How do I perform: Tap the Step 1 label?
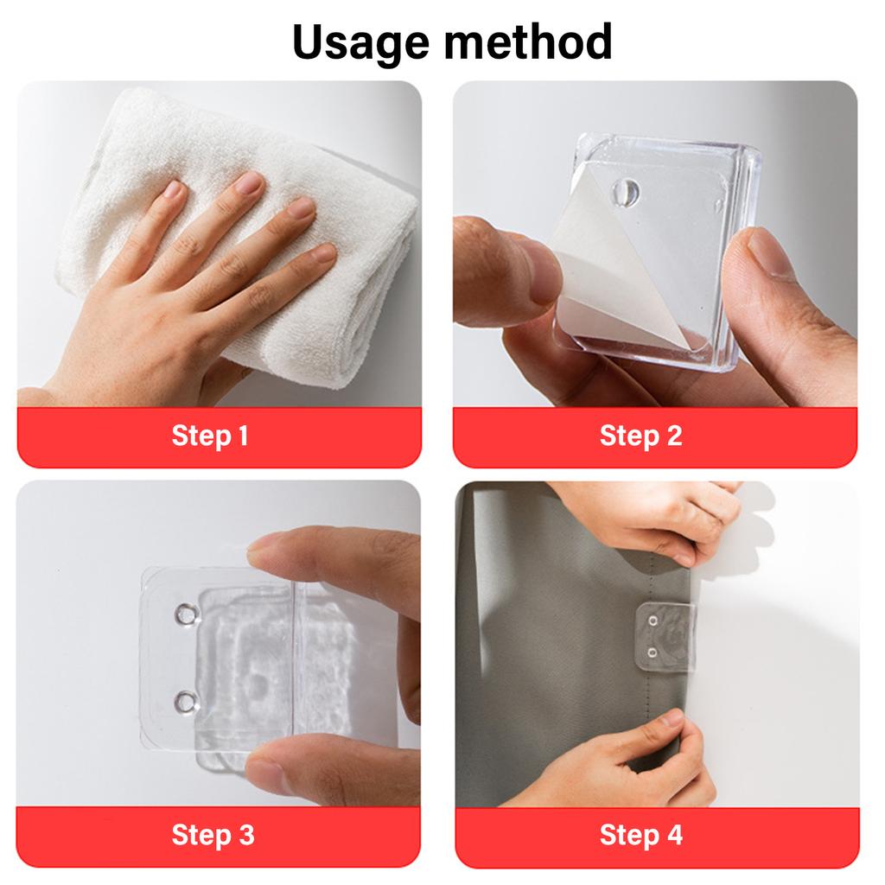[x=210, y=436]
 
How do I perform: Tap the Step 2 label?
[x=640, y=436]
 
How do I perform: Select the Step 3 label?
[x=213, y=835]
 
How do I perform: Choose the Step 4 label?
[x=641, y=835]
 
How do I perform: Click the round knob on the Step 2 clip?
[x=626, y=192]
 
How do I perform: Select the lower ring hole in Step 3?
[x=185, y=702]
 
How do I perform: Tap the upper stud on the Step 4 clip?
[x=653, y=621]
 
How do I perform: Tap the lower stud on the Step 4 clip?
[x=652, y=653]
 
